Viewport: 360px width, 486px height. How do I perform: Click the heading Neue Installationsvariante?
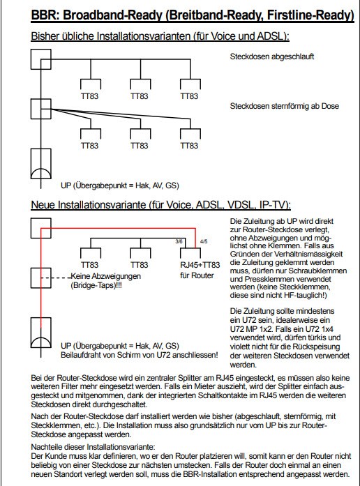160,205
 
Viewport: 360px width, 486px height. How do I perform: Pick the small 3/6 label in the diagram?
179,242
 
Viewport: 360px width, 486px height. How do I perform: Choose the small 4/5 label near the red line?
203,242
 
